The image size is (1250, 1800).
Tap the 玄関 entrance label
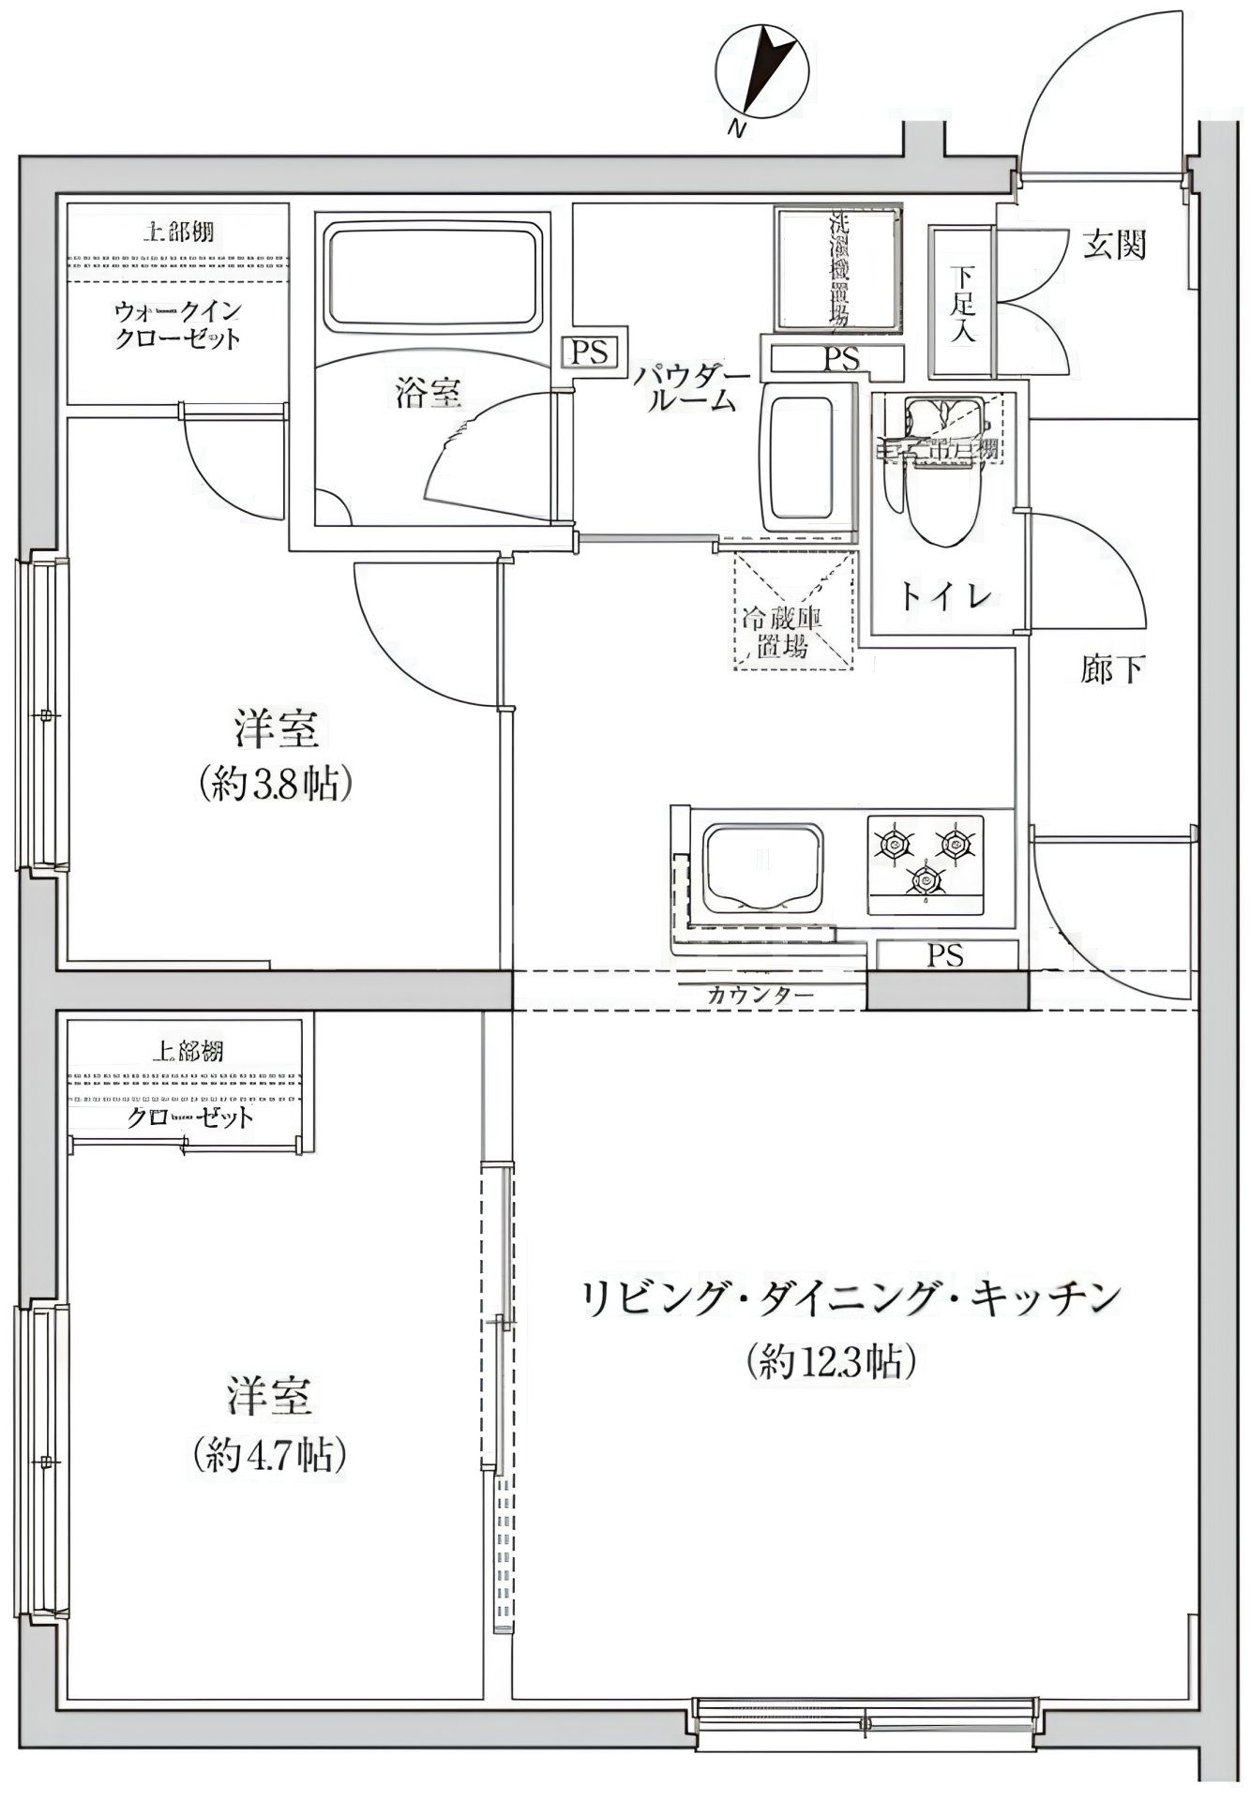coord(1115,246)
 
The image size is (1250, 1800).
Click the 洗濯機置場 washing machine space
coord(838,269)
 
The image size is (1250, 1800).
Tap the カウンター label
coord(760,996)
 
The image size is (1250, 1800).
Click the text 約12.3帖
coord(831,1360)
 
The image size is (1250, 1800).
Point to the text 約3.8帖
coord(276,784)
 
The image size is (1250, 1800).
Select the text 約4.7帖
coord(270,1455)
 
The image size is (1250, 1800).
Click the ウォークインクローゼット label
coord(177,324)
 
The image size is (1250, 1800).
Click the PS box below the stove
coord(945,955)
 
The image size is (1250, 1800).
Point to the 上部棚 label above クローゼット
coord(188,1052)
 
